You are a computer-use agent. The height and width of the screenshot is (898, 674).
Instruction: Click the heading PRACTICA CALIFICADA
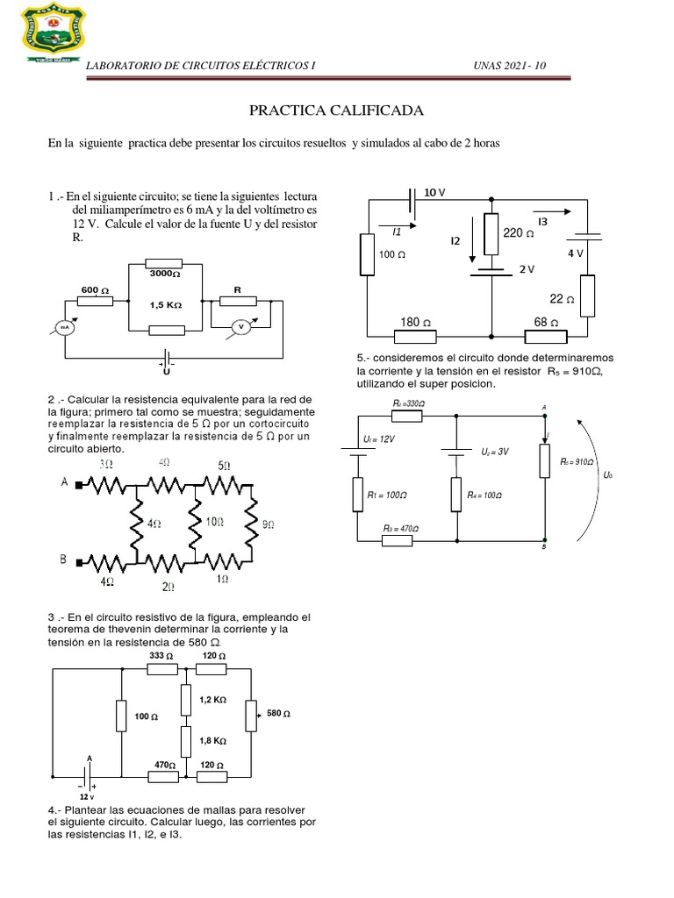(336, 110)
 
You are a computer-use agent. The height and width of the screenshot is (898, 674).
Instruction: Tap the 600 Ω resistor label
(95, 289)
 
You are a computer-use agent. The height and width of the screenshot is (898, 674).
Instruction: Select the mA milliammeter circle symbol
(63, 327)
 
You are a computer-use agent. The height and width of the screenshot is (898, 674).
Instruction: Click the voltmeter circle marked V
(237, 326)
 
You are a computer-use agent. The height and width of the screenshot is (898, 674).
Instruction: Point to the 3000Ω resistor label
(164, 274)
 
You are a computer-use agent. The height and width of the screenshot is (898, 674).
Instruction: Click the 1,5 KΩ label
(165, 304)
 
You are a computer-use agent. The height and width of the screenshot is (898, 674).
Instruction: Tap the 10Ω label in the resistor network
(213, 523)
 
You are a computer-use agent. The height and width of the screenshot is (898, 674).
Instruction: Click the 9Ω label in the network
(269, 524)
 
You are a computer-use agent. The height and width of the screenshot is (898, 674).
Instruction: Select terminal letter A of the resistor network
(65, 481)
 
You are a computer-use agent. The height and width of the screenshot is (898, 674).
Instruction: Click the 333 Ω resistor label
(162, 656)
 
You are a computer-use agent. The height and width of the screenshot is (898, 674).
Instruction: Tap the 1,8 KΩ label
(212, 740)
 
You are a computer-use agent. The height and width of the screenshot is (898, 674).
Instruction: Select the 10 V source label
(436, 191)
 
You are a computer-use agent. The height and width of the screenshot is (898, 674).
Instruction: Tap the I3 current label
(542, 222)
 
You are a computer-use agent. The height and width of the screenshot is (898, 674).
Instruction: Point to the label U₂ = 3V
(495, 453)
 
